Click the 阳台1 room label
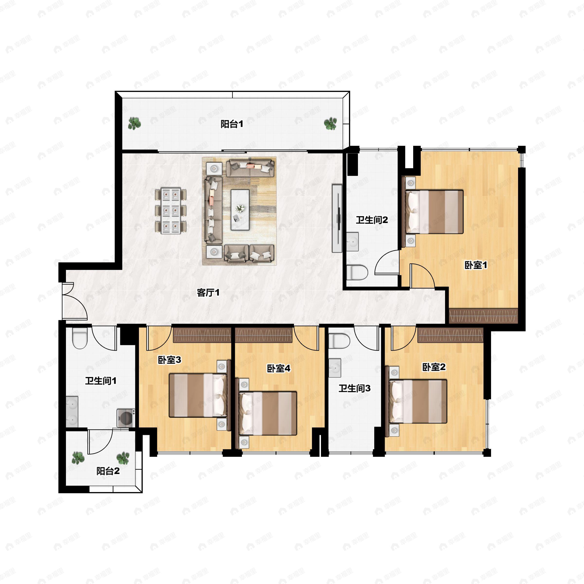(x=232, y=124)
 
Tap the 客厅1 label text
(x=208, y=292)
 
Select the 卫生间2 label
(x=372, y=220)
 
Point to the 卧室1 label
(x=476, y=265)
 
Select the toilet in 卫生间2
(x=357, y=272)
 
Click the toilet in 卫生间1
(x=80, y=338)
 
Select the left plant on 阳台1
(x=134, y=123)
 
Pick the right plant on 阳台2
(x=123, y=458)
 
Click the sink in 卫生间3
(x=335, y=368)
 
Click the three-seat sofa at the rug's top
(x=250, y=168)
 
